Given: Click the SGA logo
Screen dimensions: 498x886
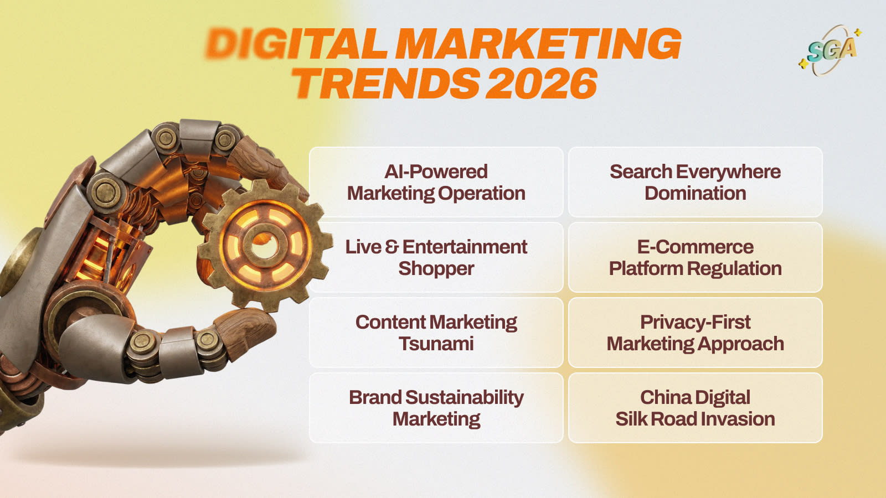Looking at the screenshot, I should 830,50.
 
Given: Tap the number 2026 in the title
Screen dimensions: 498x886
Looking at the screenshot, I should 542,84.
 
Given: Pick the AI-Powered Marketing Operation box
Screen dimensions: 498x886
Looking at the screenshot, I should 436,182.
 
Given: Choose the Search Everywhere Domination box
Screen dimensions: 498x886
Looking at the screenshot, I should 695,182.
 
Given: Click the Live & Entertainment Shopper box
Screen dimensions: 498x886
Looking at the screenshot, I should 436,257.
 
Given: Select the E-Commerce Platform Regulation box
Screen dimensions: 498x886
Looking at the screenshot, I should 695,257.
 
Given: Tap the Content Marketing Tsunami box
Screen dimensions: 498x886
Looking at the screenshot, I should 436,333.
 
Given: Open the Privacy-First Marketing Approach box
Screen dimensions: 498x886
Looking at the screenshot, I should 695,333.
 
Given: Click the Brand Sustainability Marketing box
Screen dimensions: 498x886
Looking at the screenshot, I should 436,408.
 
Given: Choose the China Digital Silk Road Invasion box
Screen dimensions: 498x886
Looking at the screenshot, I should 695,408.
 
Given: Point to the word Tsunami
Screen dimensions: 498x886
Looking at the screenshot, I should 436,344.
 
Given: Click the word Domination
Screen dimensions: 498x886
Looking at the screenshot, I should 695,193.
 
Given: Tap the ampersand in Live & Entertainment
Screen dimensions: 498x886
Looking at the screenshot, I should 392,247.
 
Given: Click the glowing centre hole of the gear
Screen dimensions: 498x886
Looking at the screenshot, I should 264,245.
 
